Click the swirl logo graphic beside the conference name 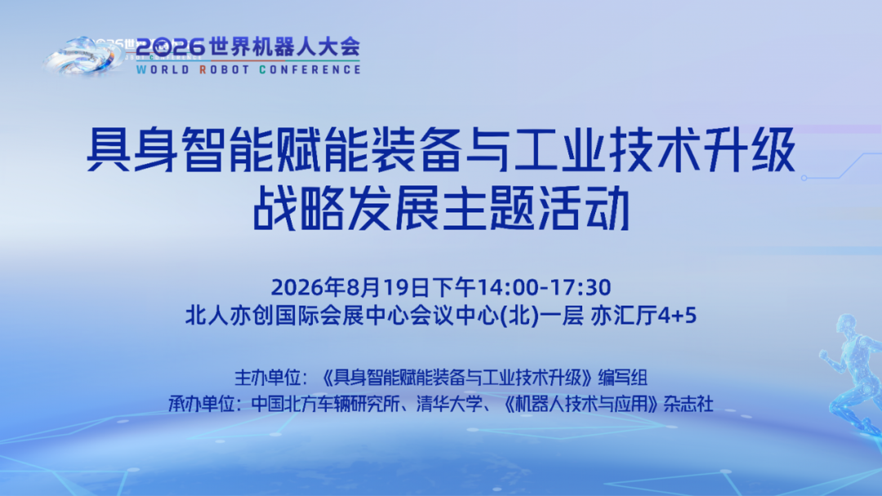[84, 56]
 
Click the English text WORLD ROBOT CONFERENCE [248, 69]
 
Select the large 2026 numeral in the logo [170, 47]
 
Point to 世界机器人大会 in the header [284, 47]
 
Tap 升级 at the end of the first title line [751, 150]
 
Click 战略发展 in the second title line [345, 208]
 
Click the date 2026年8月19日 [350, 287]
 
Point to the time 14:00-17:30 [544, 287]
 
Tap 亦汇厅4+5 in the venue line [644, 315]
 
